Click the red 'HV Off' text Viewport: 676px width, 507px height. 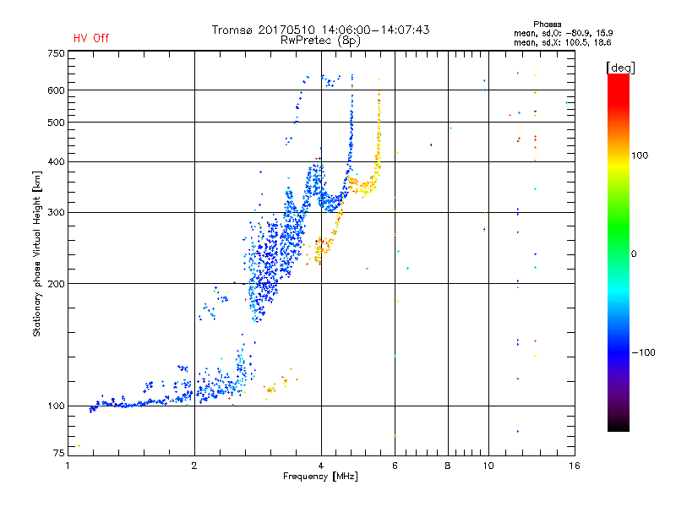pyautogui.click(x=91, y=38)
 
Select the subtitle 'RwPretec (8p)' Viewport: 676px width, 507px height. pyautogui.click(x=320, y=41)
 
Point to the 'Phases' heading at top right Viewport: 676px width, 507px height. pyautogui.click(x=547, y=25)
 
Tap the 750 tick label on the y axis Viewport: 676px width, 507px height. pyautogui.click(x=56, y=53)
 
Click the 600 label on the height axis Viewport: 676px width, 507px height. pyautogui.click(x=56, y=90)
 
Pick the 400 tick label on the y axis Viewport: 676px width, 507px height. pyautogui.click(x=56, y=162)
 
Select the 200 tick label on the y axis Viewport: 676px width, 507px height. pyautogui.click(x=56, y=284)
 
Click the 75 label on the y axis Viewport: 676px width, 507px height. pyautogui.click(x=58, y=453)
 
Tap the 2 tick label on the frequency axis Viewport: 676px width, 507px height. pyautogui.click(x=194, y=466)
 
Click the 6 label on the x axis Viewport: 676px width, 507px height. pyautogui.click(x=395, y=466)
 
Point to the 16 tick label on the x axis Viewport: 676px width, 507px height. pyautogui.click(x=575, y=466)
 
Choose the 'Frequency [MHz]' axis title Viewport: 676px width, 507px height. pyautogui.click(x=320, y=477)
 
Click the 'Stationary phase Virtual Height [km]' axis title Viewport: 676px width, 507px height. pyautogui.click(x=37, y=253)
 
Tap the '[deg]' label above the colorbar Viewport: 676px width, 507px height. pyautogui.click(x=620, y=68)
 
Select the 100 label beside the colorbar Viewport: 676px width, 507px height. pyautogui.click(x=640, y=155)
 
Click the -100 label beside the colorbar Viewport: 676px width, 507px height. pyautogui.click(x=643, y=352)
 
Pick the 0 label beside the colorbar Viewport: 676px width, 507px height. pyautogui.click(x=634, y=254)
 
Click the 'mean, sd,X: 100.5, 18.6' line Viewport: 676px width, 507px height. pyautogui.click(x=563, y=43)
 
